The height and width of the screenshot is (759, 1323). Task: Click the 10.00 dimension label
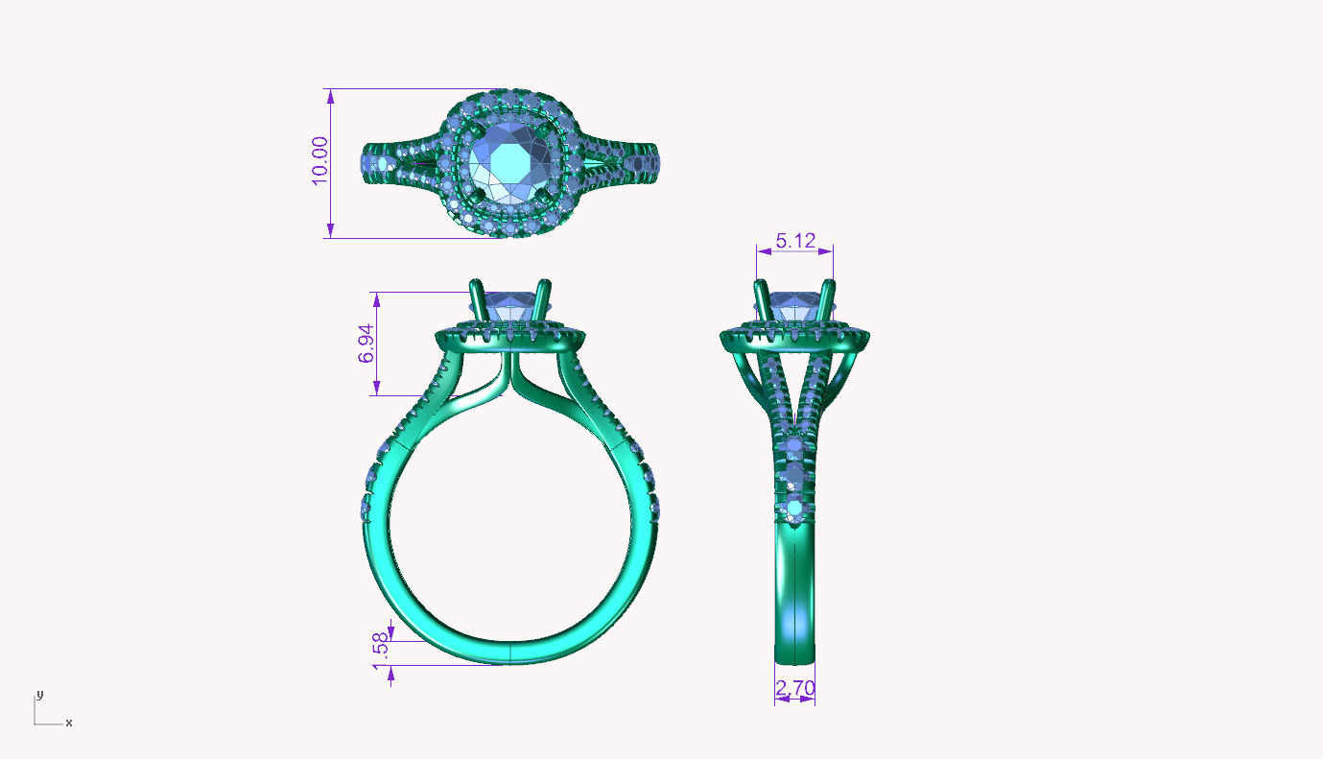pyautogui.click(x=319, y=160)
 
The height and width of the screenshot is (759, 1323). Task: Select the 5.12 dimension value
pyautogui.click(x=795, y=240)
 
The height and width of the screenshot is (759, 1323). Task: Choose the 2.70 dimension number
pyautogui.click(x=794, y=688)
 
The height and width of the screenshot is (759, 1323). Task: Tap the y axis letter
pyautogui.click(x=39, y=694)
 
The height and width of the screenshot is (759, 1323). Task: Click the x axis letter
pyautogui.click(x=69, y=723)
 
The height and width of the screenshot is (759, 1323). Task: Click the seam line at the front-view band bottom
pyautogui.click(x=510, y=653)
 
